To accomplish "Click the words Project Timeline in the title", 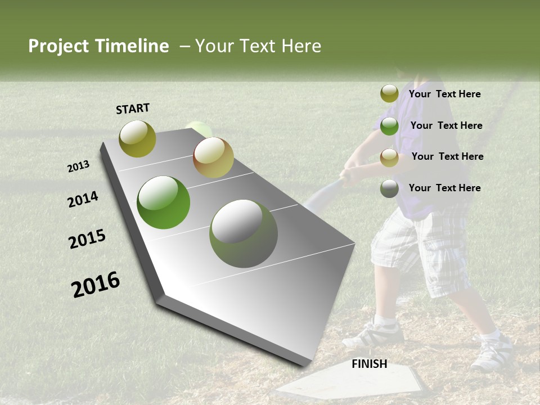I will click(x=98, y=46).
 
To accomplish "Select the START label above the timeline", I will click(x=133, y=109).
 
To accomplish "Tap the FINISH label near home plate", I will click(x=369, y=364).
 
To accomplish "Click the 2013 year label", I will click(x=79, y=166).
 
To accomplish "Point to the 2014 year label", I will click(x=83, y=199).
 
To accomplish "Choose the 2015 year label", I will click(x=87, y=239).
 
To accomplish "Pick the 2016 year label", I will click(x=96, y=284).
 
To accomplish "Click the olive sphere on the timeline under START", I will click(x=137, y=138).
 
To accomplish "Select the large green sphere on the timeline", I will click(x=164, y=202).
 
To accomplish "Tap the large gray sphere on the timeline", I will click(x=244, y=233).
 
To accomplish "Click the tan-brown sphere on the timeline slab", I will click(x=213, y=157).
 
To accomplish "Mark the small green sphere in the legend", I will click(x=389, y=126).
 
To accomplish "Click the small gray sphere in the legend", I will click(x=389, y=188).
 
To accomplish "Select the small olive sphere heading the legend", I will click(x=389, y=93).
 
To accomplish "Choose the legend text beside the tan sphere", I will click(x=447, y=156).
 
